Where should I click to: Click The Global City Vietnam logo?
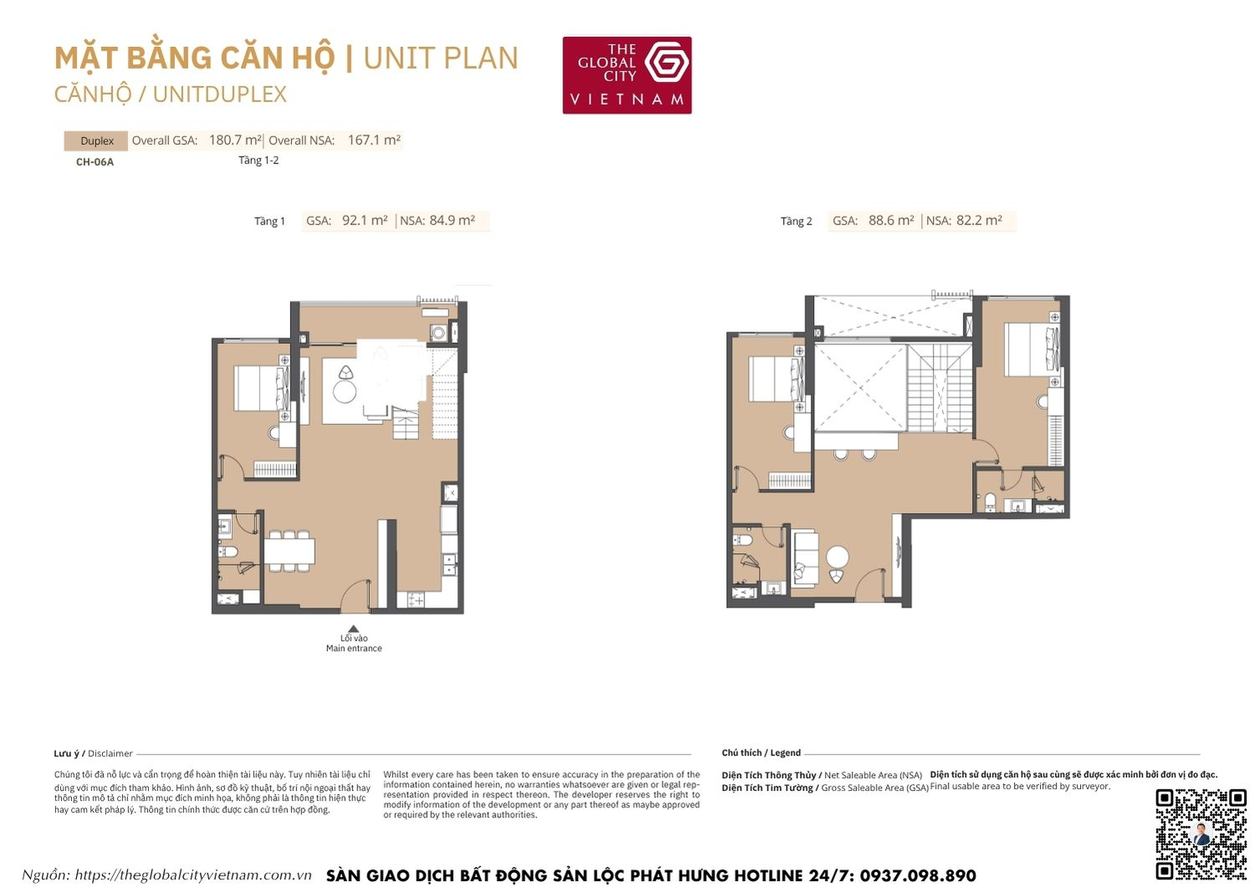pos(627,74)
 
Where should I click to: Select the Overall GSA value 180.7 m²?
pos(235,141)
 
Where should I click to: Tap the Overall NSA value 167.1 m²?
pos(374,141)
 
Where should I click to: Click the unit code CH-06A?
pos(95,162)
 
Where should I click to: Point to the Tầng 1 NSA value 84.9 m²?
pos(452,221)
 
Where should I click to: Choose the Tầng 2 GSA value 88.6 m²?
pos(891,221)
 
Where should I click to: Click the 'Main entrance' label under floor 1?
pos(354,649)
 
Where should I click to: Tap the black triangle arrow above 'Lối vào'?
pos(354,629)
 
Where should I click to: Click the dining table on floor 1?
pos(289,551)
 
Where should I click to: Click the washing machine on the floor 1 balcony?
pos(438,332)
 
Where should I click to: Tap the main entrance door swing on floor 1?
pos(355,595)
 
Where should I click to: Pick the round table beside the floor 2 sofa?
pos(837,556)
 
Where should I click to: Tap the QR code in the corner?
pos(1201,833)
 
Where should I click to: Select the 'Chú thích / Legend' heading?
pos(761,753)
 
